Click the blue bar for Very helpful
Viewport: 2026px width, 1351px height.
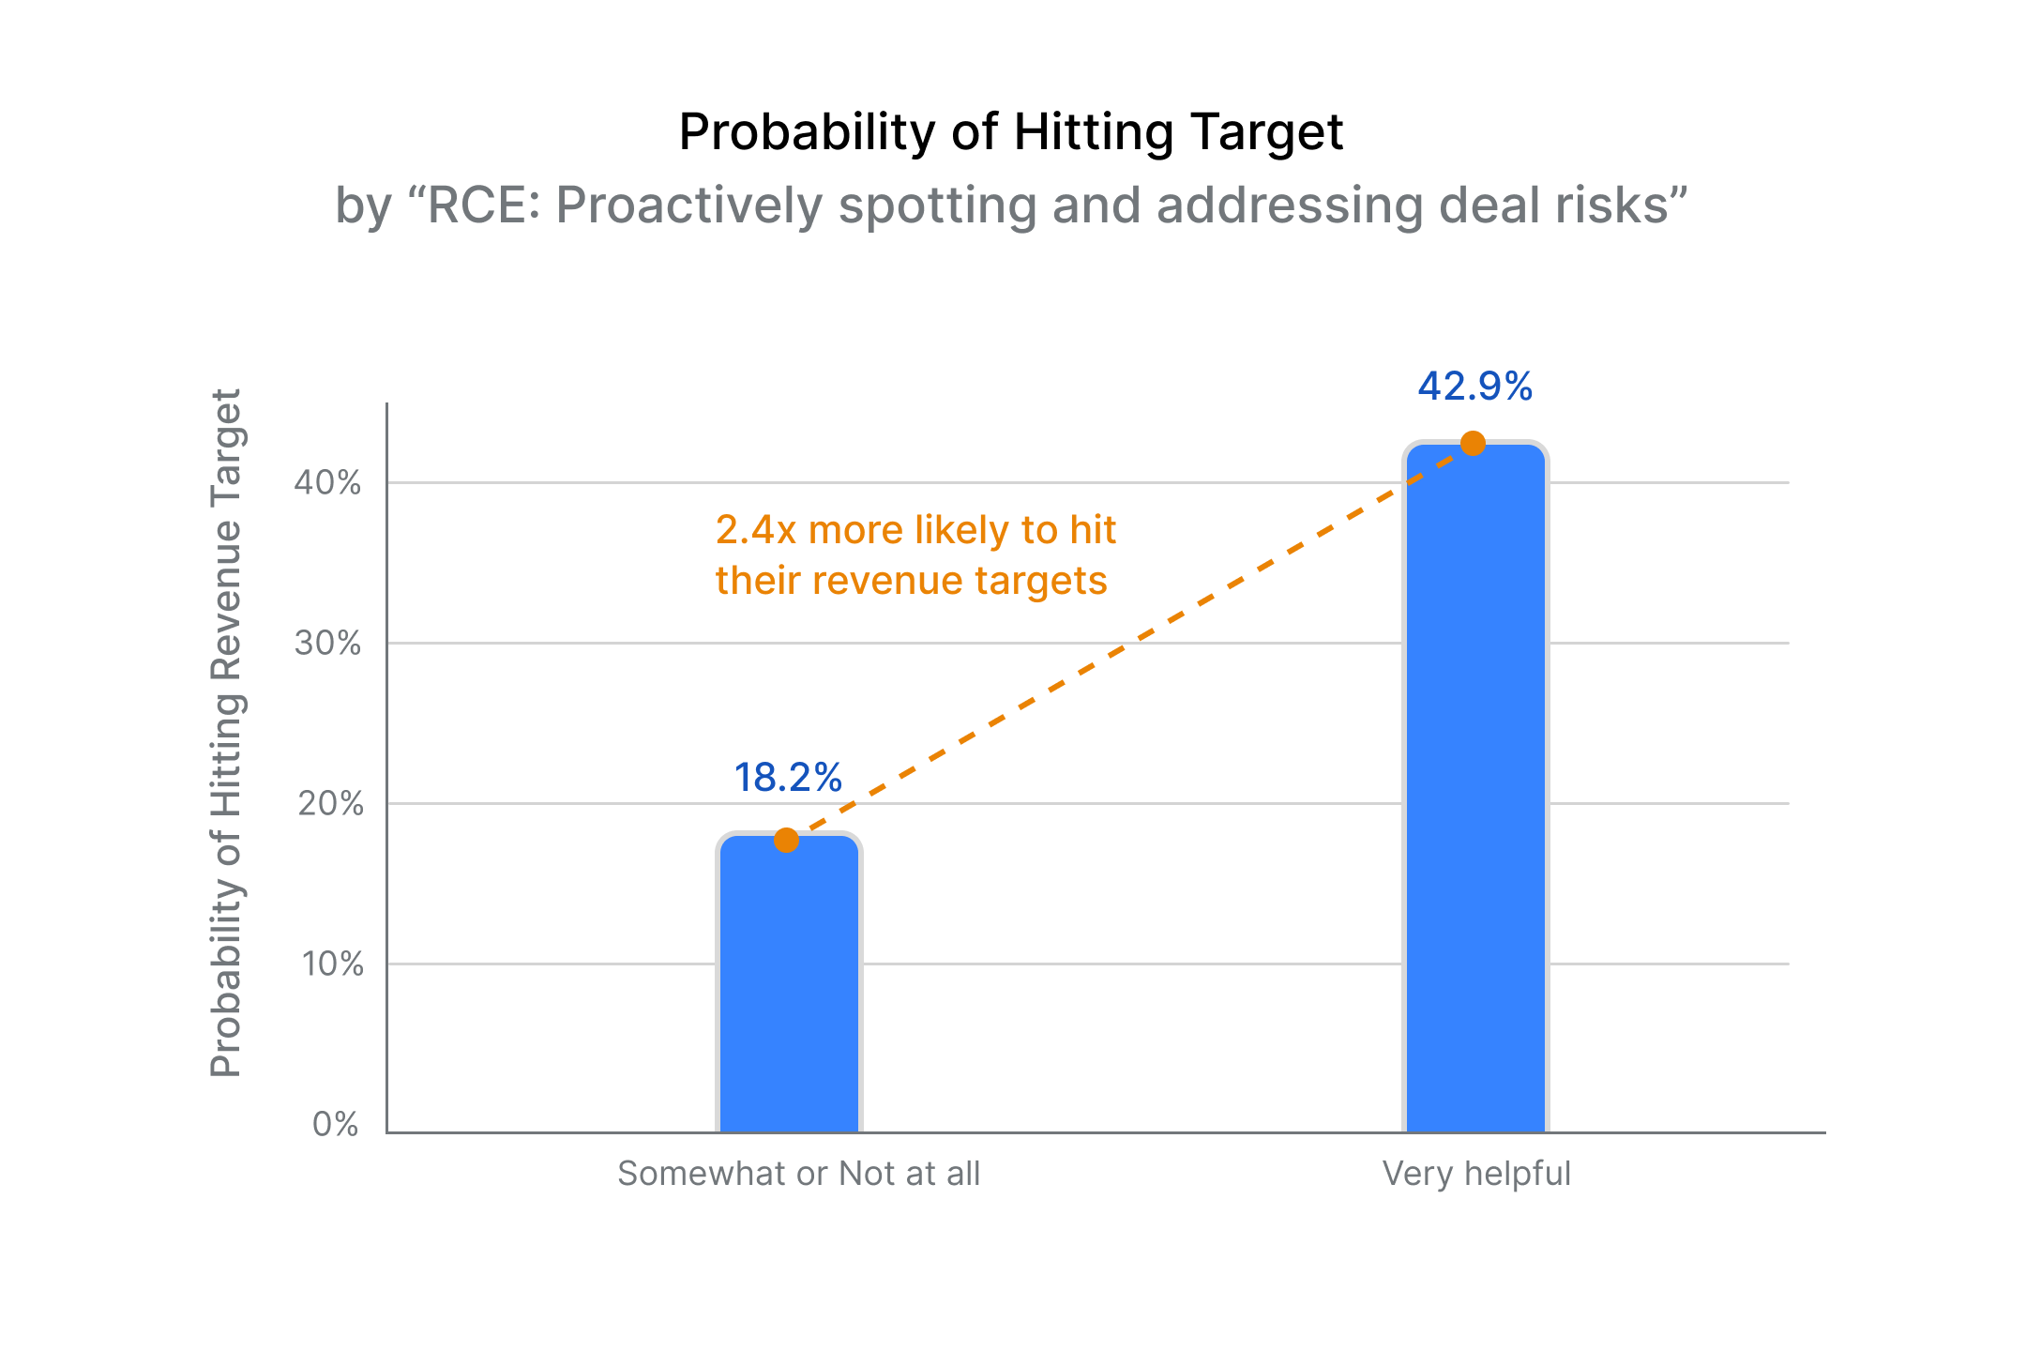pos(1475,797)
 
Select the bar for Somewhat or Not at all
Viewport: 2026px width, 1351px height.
pos(789,985)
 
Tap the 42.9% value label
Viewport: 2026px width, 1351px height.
pos(1474,387)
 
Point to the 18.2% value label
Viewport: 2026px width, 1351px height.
pos(788,778)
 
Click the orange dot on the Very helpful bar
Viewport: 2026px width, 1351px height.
pos(1474,443)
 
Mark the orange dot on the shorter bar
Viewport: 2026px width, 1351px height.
pos(786,841)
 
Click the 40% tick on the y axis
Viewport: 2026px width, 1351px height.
pos(327,483)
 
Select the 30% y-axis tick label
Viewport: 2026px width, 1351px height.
pos(327,644)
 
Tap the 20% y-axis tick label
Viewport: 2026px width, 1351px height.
pos(329,804)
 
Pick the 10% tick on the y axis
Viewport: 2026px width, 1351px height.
pos(331,964)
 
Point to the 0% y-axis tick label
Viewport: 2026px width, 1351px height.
pos(335,1124)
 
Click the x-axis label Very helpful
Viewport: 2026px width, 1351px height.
pos(1476,1174)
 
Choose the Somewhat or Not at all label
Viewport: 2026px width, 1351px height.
pos(798,1174)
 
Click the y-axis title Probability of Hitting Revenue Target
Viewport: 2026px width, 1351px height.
pos(226,732)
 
